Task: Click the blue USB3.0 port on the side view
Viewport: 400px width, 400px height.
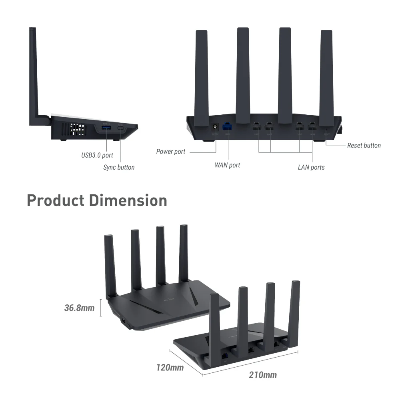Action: (x=106, y=128)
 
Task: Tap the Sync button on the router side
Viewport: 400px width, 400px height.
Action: (x=122, y=128)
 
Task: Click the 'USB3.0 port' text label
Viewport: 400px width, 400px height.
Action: (x=97, y=155)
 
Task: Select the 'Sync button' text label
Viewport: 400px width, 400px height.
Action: (x=119, y=167)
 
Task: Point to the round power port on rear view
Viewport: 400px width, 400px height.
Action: (x=216, y=127)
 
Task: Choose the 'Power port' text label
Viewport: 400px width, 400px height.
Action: (x=171, y=152)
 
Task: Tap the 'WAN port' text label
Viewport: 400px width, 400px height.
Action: (x=227, y=165)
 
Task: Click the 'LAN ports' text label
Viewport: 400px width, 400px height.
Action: (x=311, y=167)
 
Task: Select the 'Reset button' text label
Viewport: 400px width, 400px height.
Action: (x=364, y=145)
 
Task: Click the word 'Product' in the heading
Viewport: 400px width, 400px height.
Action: (x=56, y=200)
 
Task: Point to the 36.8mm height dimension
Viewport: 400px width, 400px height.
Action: (x=79, y=308)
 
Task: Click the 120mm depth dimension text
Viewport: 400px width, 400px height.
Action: (x=170, y=367)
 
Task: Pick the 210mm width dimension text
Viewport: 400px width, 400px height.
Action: (x=263, y=375)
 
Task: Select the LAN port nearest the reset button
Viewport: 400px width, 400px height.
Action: (x=313, y=128)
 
